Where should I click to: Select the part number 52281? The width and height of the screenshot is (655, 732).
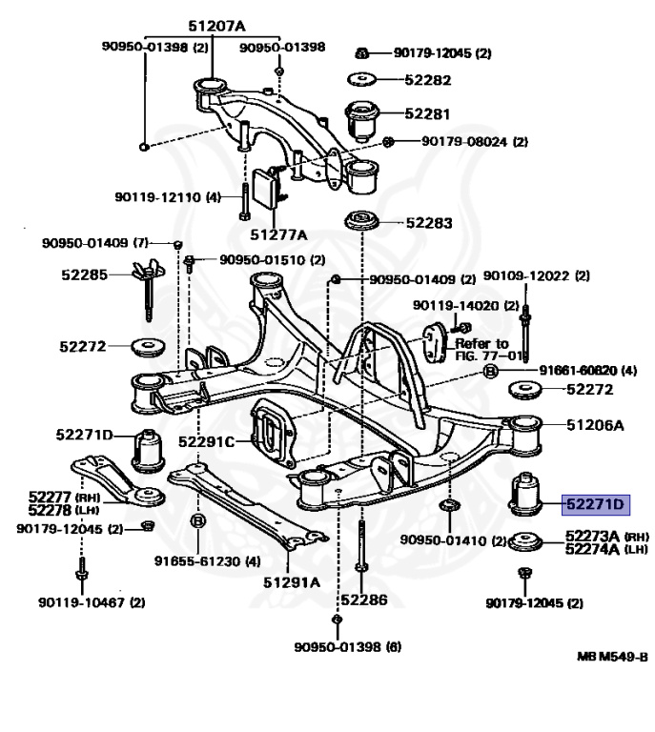(x=426, y=113)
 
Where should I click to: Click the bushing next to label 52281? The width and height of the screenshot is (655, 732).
(x=363, y=118)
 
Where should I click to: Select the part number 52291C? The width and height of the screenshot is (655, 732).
(x=206, y=441)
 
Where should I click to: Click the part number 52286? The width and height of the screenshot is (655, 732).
(x=363, y=600)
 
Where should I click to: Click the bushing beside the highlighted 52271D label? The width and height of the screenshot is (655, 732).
(x=522, y=493)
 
